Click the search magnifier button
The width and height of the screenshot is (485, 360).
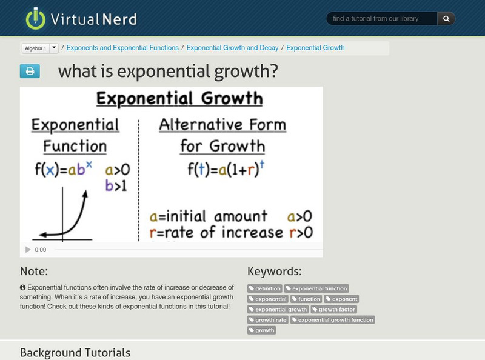(446, 19)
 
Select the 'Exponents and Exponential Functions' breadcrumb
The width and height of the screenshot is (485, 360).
(122, 48)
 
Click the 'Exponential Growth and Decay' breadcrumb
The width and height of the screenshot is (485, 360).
(233, 48)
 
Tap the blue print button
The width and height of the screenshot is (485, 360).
(30, 72)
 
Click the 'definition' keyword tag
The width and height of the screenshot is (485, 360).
(266, 288)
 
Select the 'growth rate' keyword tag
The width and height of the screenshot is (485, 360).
(268, 319)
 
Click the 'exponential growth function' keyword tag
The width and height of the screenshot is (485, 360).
(333, 319)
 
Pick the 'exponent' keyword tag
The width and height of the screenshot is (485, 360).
(342, 299)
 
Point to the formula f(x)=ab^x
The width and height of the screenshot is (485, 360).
(63, 170)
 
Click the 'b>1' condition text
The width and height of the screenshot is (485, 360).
(116, 185)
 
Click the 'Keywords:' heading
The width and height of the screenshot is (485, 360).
(274, 272)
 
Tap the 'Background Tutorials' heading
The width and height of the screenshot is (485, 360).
(75, 352)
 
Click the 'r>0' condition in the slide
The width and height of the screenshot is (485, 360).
(300, 232)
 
